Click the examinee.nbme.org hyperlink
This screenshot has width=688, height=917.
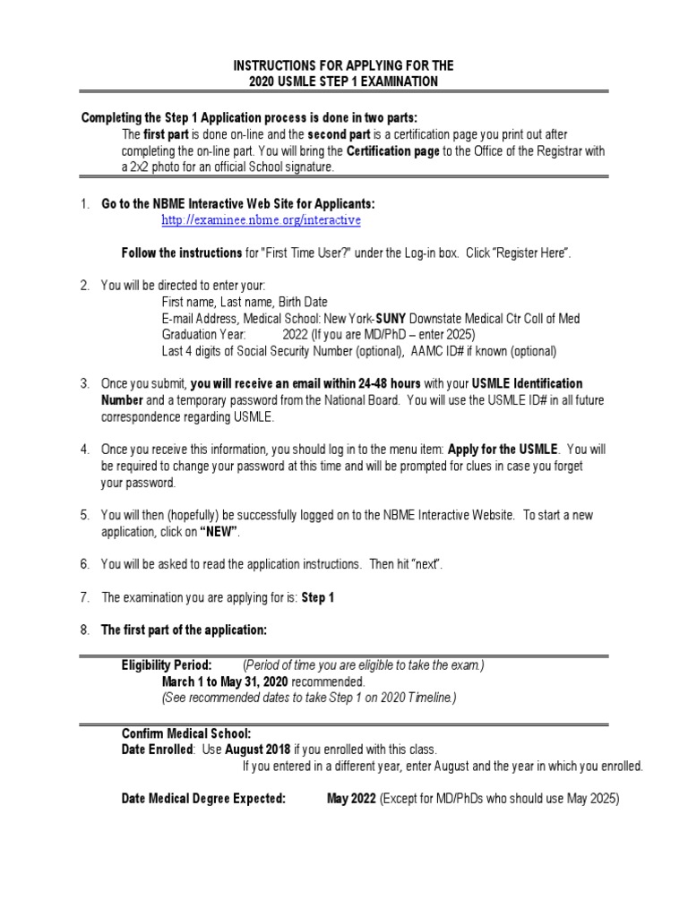pos(261,220)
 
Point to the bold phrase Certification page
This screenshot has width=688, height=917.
pos(392,151)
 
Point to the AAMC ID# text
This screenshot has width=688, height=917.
pos(430,351)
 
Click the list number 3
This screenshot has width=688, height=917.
pos(84,384)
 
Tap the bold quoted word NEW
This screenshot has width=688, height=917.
pos(219,532)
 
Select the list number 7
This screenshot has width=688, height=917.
pos(84,597)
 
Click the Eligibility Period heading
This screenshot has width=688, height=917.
pos(167,665)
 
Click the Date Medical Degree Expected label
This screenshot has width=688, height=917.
pos(203,799)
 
